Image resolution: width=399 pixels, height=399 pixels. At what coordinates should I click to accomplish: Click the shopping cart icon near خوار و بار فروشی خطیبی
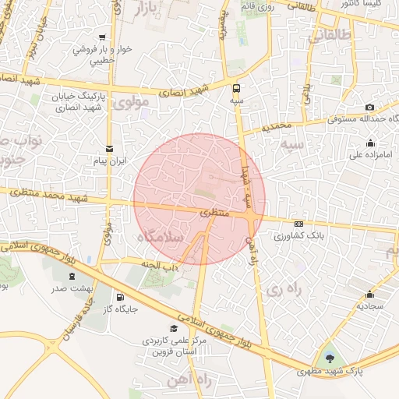[102, 37]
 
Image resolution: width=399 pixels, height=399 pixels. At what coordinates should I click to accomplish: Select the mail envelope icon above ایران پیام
[108, 147]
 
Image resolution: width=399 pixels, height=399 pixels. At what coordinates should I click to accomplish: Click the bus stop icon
[236, 88]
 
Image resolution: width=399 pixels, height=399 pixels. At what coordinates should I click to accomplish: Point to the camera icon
[369, 107]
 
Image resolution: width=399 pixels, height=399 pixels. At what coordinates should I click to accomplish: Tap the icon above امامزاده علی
[369, 143]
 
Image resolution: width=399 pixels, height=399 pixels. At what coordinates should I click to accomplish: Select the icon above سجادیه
[369, 295]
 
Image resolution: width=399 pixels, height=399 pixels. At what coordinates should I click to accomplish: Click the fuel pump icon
[119, 297]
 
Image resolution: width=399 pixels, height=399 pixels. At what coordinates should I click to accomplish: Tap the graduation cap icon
[174, 328]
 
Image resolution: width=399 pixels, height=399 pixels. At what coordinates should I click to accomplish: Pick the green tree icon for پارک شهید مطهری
[332, 358]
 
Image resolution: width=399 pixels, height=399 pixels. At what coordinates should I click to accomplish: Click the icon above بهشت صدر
[72, 276]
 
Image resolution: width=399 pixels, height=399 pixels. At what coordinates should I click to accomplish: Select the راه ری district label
[282, 289]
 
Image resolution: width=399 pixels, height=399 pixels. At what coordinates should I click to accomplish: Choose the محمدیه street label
[277, 125]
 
